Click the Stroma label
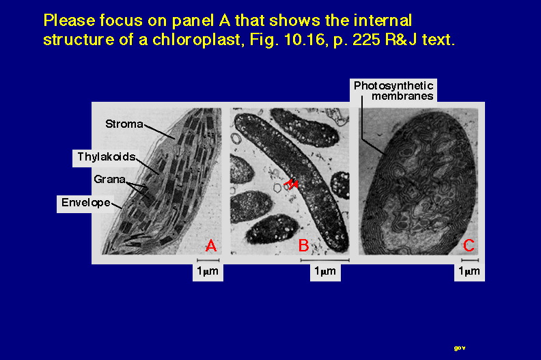124,124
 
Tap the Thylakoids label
107,156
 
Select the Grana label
109,179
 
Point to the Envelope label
86,202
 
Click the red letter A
211,245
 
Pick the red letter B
303,245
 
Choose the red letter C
468,245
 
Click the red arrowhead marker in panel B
291,184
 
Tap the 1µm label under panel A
208,271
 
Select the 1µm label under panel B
325,271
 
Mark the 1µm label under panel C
469,271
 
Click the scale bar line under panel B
325,260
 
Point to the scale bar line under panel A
208,260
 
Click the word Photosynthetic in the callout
393,85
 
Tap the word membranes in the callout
402,96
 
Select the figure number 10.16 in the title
305,40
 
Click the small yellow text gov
460,348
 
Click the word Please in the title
70,20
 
